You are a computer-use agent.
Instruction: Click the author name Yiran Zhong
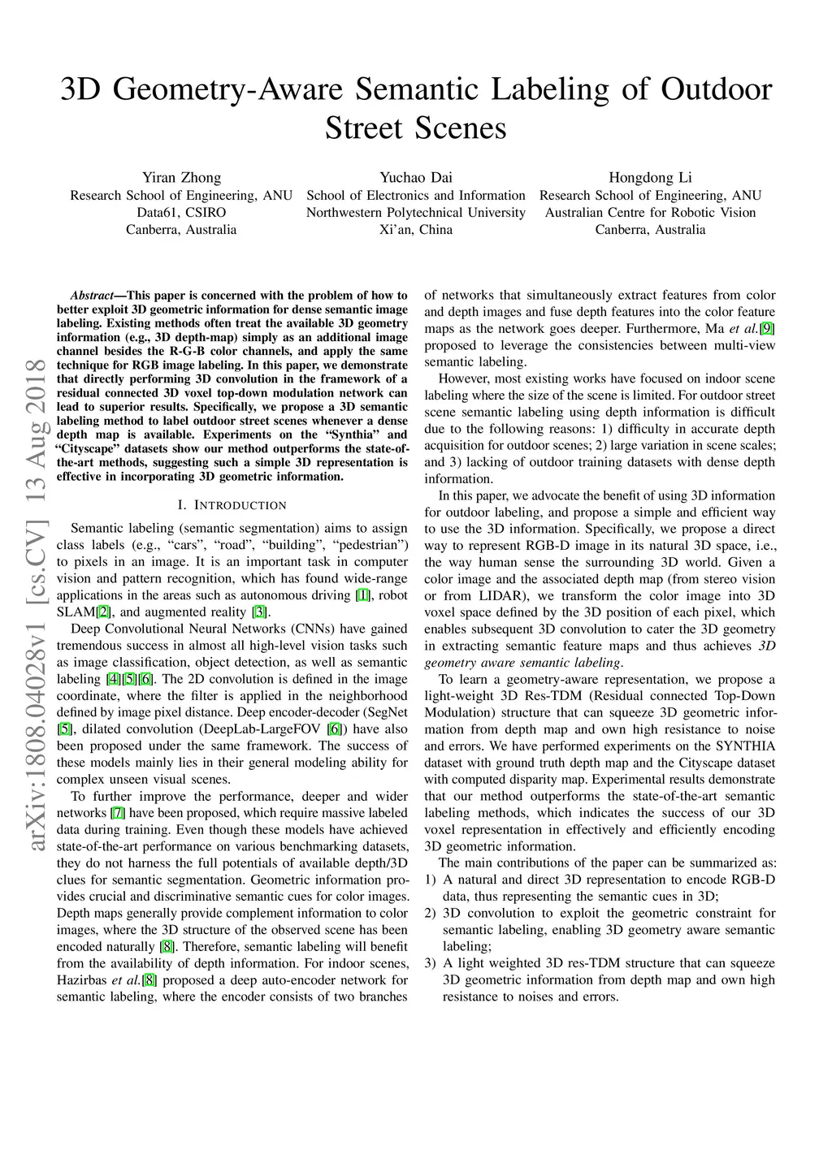[181, 178]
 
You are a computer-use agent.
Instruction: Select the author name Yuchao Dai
[415, 178]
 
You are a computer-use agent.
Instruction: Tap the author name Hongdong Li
[650, 178]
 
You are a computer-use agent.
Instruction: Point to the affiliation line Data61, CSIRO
[181, 213]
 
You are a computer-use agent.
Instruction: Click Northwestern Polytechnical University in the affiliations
[415, 213]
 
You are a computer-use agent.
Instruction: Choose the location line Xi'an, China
[415, 230]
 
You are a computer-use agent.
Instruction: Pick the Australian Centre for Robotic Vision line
[650, 213]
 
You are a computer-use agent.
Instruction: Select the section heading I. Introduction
[232, 505]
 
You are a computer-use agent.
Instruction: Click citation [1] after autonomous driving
[363, 596]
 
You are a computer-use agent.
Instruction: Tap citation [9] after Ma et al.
[767, 329]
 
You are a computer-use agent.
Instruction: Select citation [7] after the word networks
[118, 813]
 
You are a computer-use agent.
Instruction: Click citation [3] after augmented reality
[259, 612]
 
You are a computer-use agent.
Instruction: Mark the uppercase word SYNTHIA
[745, 746]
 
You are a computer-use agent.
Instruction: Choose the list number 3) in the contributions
[431, 963]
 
